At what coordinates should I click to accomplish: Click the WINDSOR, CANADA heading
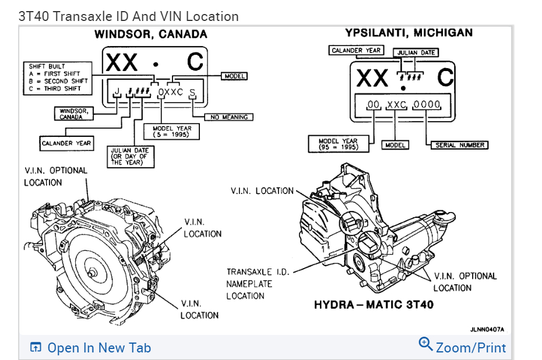click(x=150, y=34)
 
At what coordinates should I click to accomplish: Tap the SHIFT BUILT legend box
click(x=58, y=77)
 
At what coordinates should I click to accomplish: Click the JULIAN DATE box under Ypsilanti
click(x=416, y=52)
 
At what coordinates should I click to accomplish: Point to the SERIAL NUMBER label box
click(x=460, y=145)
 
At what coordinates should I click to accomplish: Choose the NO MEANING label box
click(x=229, y=117)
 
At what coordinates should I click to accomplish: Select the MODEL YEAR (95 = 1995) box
click(x=338, y=144)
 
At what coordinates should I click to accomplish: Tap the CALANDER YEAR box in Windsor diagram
click(x=66, y=143)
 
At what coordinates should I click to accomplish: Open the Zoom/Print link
click(x=463, y=347)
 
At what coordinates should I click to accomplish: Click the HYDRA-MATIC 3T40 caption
click(x=374, y=305)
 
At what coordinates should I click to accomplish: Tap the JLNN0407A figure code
click(x=487, y=329)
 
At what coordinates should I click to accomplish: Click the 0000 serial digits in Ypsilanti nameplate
click(x=427, y=105)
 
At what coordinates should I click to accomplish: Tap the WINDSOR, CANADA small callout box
click(x=73, y=114)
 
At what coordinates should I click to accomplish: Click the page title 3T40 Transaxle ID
click(x=128, y=16)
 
